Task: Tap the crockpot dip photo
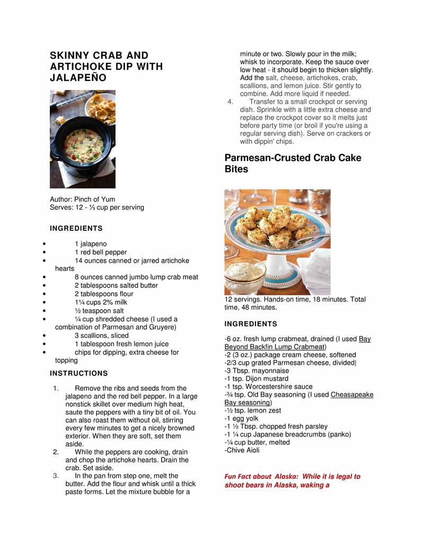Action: [82, 139]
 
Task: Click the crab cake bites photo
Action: [277, 242]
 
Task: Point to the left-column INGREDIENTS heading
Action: [76, 228]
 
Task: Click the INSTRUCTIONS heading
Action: [78, 373]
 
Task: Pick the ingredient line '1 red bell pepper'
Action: [101, 253]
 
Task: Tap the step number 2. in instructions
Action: [56, 452]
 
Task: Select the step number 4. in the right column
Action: [231, 102]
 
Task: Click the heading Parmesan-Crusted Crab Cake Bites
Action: [293, 164]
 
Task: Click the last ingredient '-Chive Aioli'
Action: [242, 450]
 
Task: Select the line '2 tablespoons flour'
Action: [104, 294]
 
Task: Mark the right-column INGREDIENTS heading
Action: [251, 324]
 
